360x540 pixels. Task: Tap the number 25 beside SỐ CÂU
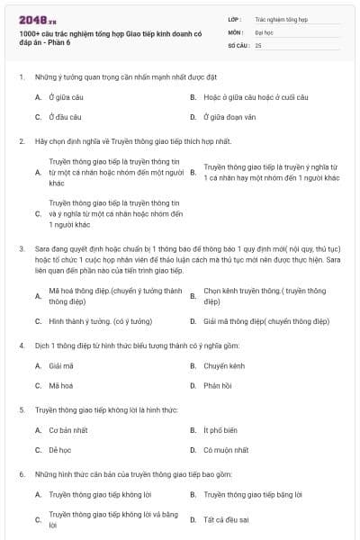click(x=259, y=44)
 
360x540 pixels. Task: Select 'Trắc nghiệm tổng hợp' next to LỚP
click(x=281, y=18)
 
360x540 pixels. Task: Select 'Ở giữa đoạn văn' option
click(x=230, y=117)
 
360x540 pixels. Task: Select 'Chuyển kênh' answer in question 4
click(x=226, y=366)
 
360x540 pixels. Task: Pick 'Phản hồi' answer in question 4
click(x=218, y=386)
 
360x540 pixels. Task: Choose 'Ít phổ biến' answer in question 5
click(x=221, y=431)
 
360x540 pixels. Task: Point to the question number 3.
click(x=20, y=247)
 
